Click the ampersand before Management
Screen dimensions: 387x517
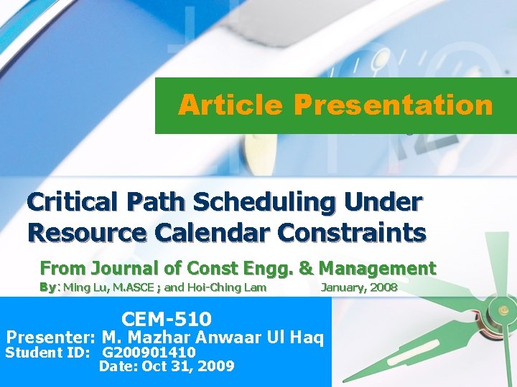pos(305,269)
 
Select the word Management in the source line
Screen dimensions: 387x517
pos(377,269)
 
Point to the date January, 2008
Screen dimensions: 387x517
pos(358,288)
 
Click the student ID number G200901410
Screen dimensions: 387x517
pos(149,353)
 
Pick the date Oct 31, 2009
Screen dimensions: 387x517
pos(188,366)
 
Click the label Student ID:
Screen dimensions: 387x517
pos(47,353)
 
